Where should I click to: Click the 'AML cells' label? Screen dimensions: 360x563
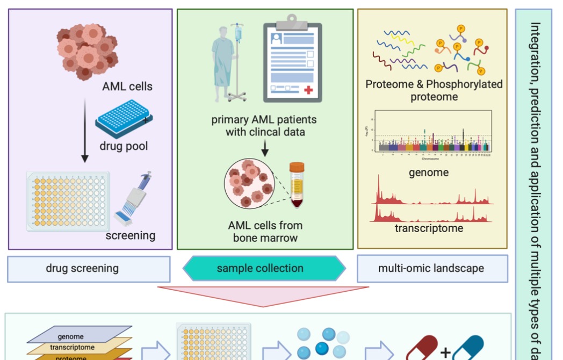coord(127,86)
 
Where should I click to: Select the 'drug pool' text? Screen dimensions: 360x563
coord(124,146)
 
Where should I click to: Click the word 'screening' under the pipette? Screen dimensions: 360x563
coord(131,235)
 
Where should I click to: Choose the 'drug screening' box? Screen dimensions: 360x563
coord(89,269)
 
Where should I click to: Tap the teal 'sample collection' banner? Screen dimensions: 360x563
coord(264,268)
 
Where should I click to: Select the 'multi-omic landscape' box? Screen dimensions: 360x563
coord(432,268)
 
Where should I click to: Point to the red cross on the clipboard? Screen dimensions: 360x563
coord(308,90)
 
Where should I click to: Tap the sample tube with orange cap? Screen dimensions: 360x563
coord(297,185)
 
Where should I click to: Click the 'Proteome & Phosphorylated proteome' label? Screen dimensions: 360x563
coord(434,90)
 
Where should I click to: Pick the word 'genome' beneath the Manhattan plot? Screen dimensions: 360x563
coord(428,172)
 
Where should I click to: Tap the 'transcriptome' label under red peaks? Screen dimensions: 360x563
coord(429,228)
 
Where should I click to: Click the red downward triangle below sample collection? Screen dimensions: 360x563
coord(263,296)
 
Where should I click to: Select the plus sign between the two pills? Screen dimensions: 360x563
coord(445,352)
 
